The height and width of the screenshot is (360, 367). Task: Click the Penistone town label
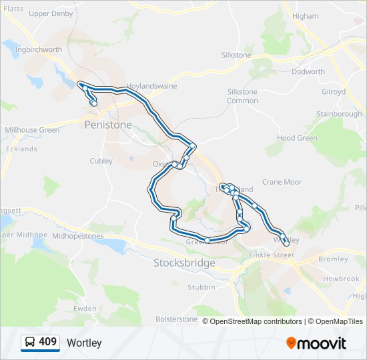(x=108, y=125)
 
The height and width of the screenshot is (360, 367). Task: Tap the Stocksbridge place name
(x=184, y=263)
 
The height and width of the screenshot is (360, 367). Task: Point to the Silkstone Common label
(x=242, y=96)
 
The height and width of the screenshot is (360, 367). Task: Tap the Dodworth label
(x=308, y=71)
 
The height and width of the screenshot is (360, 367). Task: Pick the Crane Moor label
(x=282, y=182)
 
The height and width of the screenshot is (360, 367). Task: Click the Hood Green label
(x=297, y=138)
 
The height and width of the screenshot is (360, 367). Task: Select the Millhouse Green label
(x=32, y=130)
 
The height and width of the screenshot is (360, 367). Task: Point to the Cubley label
(x=101, y=161)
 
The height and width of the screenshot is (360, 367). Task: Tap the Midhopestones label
(x=77, y=236)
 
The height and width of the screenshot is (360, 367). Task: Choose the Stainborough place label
(x=339, y=114)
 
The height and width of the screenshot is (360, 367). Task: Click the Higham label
(x=306, y=16)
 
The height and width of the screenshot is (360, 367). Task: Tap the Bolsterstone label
(x=177, y=319)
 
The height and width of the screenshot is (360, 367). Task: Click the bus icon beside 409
(x=29, y=343)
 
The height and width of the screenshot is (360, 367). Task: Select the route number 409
(x=47, y=342)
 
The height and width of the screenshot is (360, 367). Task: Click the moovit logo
(x=316, y=343)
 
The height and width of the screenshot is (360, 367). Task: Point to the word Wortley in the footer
(x=84, y=343)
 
